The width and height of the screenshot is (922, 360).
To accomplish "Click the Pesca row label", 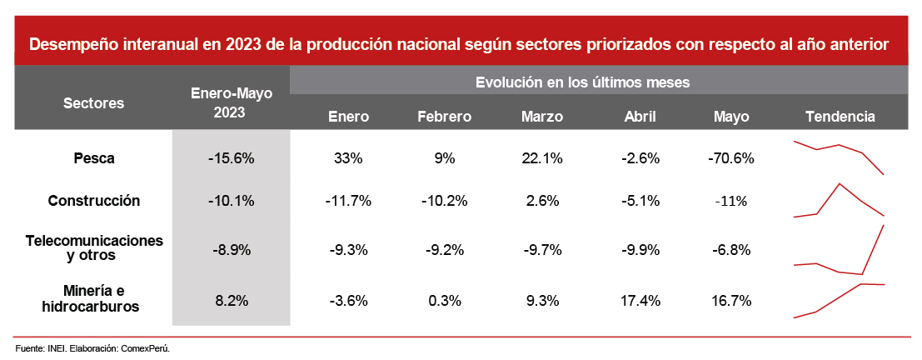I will pyautogui.click(x=93, y=157).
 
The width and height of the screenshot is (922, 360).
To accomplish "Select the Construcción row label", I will pyautogui.click(x=93, y=200).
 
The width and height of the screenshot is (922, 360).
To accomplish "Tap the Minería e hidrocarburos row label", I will pyautogui.click(x=93, y=298).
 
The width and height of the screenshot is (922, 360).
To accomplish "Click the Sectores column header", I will pyautogui.click(x=93, y=103).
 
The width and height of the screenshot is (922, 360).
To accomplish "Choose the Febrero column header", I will pyautogui.click(x=444, y=117).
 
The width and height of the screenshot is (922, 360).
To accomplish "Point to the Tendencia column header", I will pyautogui.click(x=840, y=117).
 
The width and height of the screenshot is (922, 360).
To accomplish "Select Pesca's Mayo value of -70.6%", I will pyautogui.click(x=731, y=157).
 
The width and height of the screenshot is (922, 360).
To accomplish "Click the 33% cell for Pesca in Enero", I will pyautogui.click(x=348, y=157).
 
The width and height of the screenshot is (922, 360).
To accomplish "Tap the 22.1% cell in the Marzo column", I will pyautogui.click(x=542, y=157).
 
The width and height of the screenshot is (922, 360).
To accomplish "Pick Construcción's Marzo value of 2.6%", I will pyautogui.click(x=542, y=200).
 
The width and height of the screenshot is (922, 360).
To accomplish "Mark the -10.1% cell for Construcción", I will pyautogui.click(x=231, y=200).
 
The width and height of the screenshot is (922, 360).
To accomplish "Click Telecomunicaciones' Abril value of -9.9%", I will pyautogui.click(x=640, y=249).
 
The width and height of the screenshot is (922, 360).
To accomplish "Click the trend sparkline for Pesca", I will pyautogui.click(x=838, y=155).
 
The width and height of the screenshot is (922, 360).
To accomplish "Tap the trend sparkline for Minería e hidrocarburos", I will pyautogui.click(x=838, y=300).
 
